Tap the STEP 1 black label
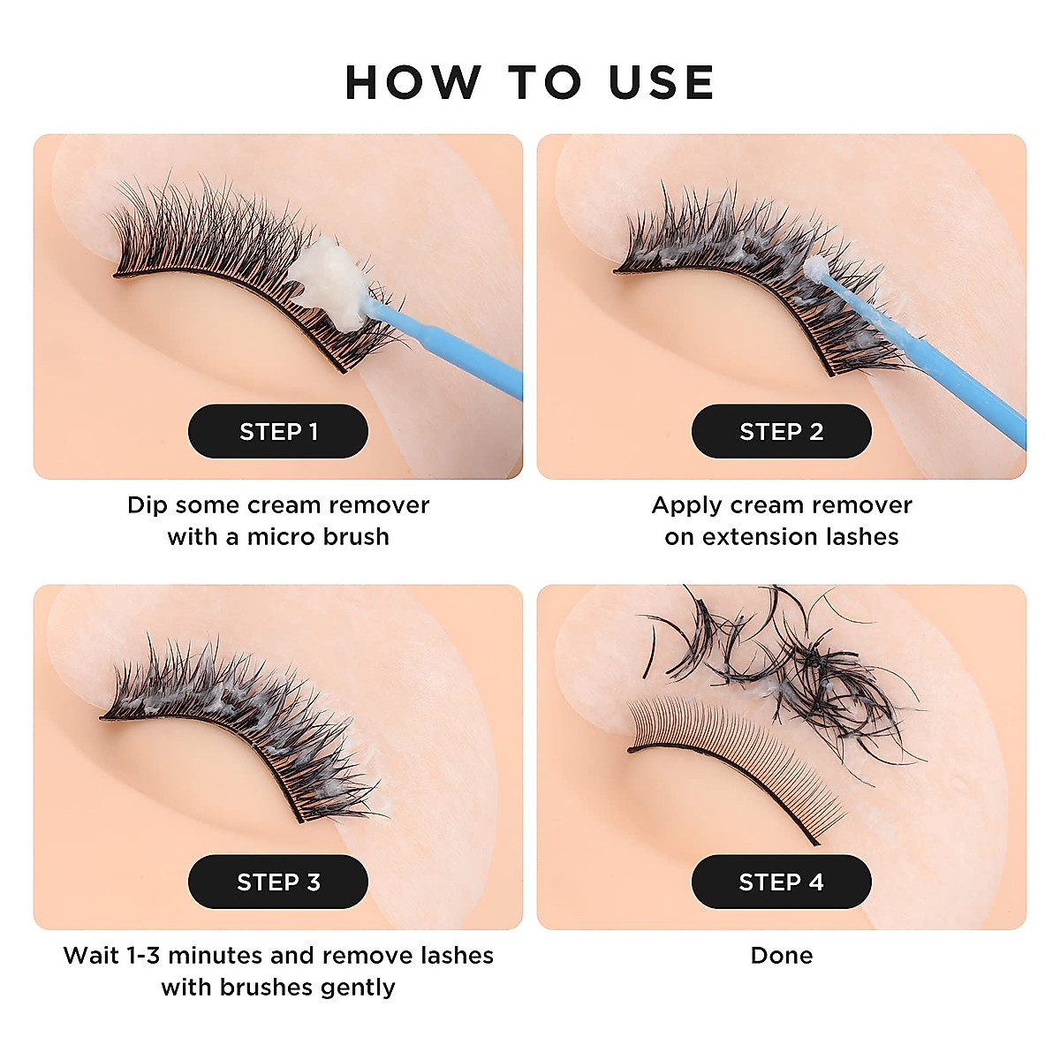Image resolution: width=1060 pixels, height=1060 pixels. point(278,431)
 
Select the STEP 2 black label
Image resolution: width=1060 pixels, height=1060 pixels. point(781,431)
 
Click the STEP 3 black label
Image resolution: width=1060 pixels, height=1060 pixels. point(278,882)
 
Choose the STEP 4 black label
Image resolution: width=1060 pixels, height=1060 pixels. point(781,882)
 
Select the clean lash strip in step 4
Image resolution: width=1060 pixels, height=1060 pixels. point(724,746)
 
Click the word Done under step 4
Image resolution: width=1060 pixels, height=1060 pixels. point(781,955)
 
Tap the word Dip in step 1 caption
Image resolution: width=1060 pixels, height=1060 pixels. point(147,505)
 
